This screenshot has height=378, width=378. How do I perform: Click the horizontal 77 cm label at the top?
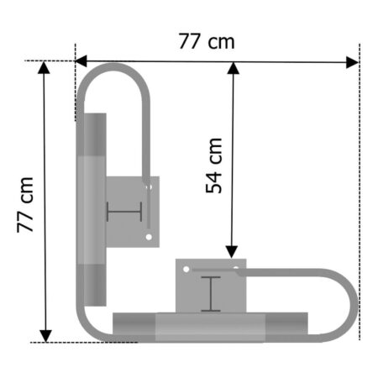(207, 41)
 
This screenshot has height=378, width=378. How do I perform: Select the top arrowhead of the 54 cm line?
(232, 68)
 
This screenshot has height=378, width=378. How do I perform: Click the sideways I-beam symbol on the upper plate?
(124, 212)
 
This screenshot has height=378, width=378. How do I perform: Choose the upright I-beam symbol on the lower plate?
(210, 294)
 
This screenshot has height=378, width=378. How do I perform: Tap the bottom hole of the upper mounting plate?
(149, 238)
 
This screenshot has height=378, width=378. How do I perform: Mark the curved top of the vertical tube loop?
(113, 66)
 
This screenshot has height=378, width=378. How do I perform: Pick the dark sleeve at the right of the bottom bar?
(287, 326)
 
